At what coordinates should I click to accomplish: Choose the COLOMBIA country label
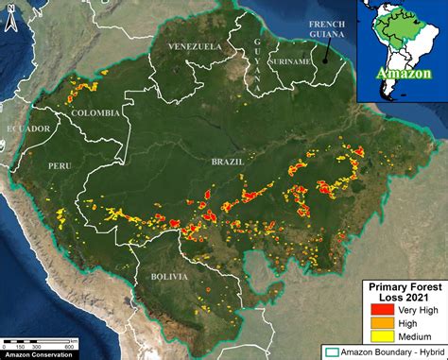95,112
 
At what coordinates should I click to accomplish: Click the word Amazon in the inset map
402,72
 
